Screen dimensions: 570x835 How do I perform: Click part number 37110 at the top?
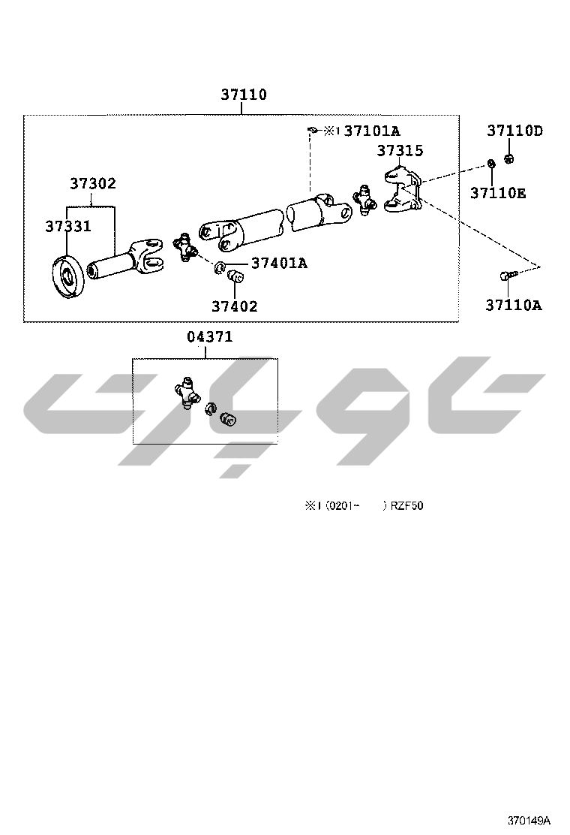coord(244,95)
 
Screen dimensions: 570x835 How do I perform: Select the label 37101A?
coord(372,131)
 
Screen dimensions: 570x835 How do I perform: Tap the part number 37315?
coord(400,151)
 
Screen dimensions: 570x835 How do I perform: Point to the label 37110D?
coord(514,131)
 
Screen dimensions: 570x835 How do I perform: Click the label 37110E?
coord(498,193)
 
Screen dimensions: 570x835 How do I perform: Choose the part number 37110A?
coord(514,305)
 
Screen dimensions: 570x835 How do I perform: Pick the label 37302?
coord(93,183)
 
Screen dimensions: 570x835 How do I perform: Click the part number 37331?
coord(68,226)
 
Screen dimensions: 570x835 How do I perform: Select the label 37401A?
coord(279,263)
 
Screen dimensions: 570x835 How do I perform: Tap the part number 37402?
coord(235,306)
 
